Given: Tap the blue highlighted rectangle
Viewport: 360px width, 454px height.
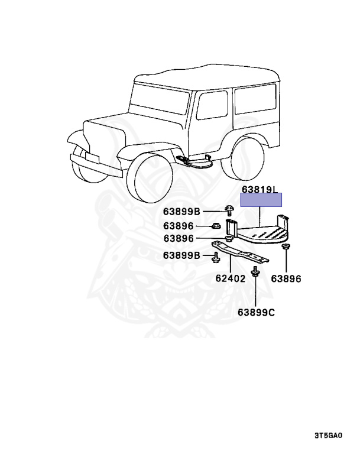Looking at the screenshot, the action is point(260,200).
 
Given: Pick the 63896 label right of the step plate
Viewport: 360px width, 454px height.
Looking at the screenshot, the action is point(286,278).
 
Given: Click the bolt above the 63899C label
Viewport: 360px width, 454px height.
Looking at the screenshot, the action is point(255,272).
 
